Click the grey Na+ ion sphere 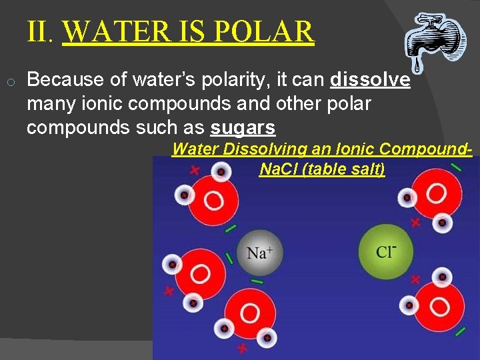coord(259,253)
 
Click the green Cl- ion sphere coord(386,251)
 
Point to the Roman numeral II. coord(40,31)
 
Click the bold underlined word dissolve coord(370,80)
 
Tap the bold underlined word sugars coord(243,127)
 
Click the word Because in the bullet coord(66,80)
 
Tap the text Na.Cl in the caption coord(279,169)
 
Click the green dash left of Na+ coord(230,257)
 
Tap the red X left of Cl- coord(416,279)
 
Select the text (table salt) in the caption coord(344,169)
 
